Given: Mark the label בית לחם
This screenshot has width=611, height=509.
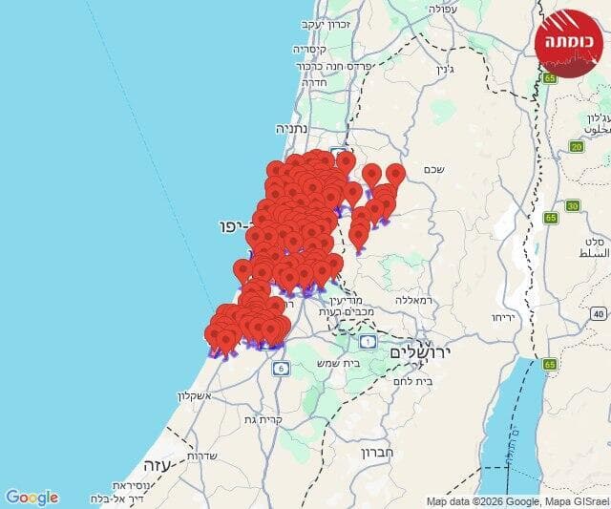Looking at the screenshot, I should pos(412,381).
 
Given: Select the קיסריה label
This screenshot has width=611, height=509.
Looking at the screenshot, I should pos(312,49).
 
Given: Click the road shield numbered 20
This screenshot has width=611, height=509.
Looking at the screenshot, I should pos(576,146).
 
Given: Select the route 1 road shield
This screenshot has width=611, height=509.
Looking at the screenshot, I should pos(368,341).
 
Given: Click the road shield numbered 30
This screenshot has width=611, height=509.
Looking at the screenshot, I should pos(572,205).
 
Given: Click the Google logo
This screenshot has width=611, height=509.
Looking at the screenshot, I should pos(32,498).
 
